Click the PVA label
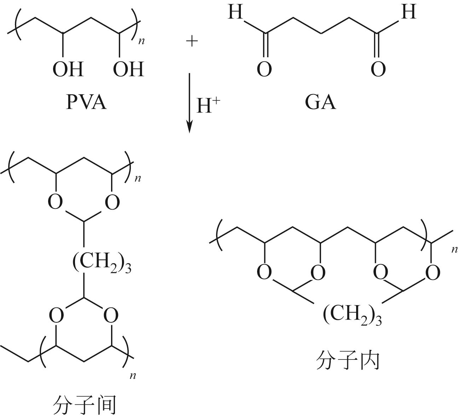pyautogui.click(x=86, y=102)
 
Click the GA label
pyautogui.click(x=320, y=102)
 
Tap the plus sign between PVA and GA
pyautogui.click(x=192, y=42)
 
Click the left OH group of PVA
pyautogui.click(x=68, y=69)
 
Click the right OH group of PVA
pyautogui.click(x=128, y=69)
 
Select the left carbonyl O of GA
pyautogui.click(x=264, y=69)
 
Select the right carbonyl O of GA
pyautogui.click(x=378, y=69)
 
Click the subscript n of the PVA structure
pyautogui.click(x=141, y=41)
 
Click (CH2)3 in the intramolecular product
pyautogui.click(x=352, y=315)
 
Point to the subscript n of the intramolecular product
pyautogui.click(x=454, y=250)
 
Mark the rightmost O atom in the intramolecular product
pyautogui.click(x=433, y=273)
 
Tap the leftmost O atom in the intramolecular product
pyautogui.click(x=265, y=273)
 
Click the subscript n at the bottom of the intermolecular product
pyautogui.click(x=133, y=375)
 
